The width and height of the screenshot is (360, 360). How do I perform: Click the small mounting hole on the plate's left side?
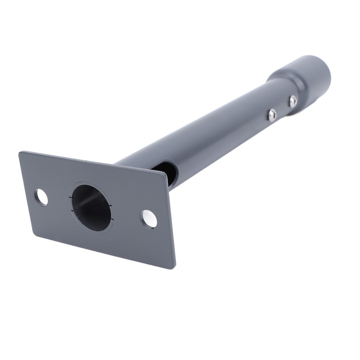(x=42, y=196)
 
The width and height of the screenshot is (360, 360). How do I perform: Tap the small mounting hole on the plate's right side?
(x=149, y=218)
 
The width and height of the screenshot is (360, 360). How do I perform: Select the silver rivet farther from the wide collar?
(x=272, y=116)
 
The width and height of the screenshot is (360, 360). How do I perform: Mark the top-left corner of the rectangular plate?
(x=20, y=153)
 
